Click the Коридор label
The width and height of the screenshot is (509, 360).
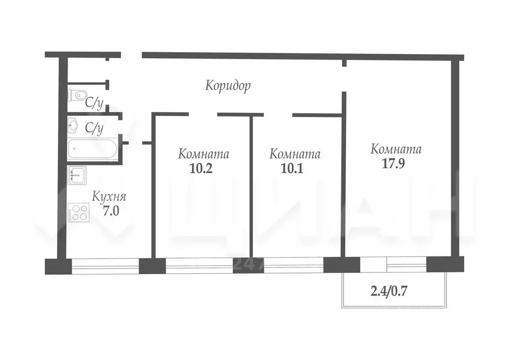[228, 86]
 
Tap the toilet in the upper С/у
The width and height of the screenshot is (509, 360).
[77, 94]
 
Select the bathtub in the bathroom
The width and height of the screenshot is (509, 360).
[93, 148]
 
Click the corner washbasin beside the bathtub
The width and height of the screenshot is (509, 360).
[74, 125]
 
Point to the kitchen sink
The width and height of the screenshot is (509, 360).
[77, 174]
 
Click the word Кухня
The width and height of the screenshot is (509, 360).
[109, 196]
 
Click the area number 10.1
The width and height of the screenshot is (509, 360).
[292, 169]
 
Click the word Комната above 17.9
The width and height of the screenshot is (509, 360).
[396, 149]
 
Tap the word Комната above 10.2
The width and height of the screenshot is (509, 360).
[204, 154]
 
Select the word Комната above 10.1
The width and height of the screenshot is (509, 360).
[295, 154]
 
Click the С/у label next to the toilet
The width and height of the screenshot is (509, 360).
[94, 103]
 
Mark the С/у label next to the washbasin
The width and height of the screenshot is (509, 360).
[94, 128]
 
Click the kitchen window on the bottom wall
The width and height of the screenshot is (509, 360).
[105, 266]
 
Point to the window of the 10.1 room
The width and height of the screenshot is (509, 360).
[293, 266]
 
